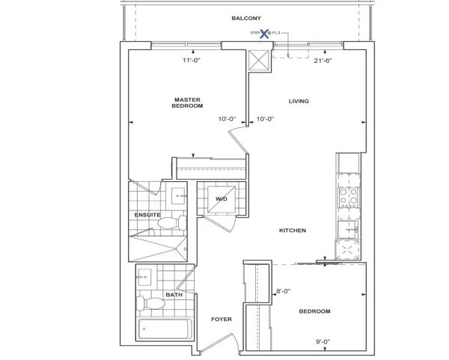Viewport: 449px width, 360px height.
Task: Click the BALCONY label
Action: pos(246,17)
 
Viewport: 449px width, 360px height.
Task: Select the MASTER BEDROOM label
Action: pos(188,103)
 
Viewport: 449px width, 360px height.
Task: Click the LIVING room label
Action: pos(299,101)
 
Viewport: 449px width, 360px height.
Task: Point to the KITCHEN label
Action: pos(291,231)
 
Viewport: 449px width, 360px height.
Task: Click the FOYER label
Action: pos(222,320)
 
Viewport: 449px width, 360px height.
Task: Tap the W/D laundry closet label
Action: pos(222,199)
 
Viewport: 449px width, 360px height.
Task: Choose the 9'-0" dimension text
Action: pos(324,342)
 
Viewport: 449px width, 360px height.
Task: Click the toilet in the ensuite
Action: pos(171,222)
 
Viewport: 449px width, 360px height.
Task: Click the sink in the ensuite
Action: pos(180,196)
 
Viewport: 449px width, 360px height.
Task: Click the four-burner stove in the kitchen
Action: pos(348,195)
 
